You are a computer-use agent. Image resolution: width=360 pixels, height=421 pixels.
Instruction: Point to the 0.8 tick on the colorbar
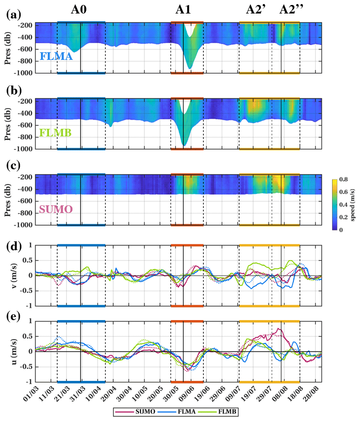(x=343, y=180)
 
